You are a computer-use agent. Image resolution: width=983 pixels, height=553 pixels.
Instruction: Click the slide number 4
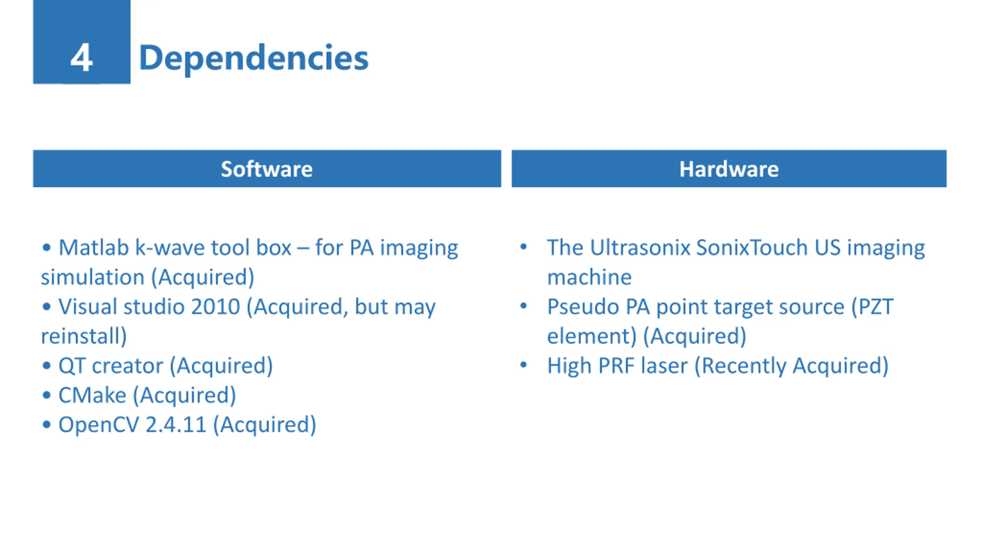[x=81, y=58]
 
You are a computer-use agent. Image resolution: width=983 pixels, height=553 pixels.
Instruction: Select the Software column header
[x=267, y=169]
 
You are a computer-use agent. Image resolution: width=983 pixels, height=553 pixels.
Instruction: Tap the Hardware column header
[x=729, y=169]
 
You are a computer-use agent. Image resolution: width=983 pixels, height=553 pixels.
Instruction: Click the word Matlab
[x=93, y=248]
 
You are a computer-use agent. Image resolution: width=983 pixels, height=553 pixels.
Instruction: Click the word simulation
[x=93, y=277]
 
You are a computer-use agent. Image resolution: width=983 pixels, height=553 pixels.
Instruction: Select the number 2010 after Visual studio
[x=215, y=307]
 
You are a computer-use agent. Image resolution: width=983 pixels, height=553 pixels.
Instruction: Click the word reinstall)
[x=84, y=336]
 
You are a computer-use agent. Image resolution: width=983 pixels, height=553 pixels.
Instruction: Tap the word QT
[x=71, y=366]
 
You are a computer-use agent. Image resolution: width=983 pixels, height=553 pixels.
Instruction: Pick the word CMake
[x=92, y=396]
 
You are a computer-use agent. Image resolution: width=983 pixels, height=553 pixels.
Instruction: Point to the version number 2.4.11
[x=176, y=425]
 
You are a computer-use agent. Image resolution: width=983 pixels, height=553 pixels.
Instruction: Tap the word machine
[x=589, y=277]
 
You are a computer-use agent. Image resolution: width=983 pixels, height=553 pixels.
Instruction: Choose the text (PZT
[x=872, y=307]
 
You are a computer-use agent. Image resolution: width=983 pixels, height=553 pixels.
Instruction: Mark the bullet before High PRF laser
[x=523, y=365]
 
